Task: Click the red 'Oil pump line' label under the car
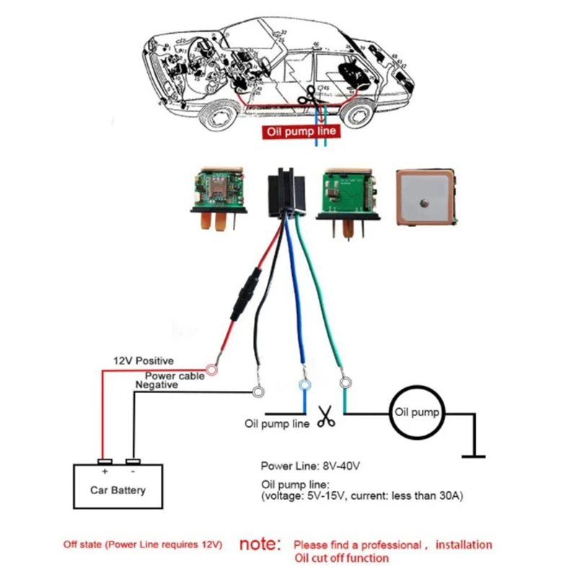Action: point(299,132)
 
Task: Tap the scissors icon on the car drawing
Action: point(309,93)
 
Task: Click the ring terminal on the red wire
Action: point(213,371)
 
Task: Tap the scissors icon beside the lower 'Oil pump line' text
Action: point(326,418)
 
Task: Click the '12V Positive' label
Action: point(143,361)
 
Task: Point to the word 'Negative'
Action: point(157,386)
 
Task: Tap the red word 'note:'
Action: point(260,543)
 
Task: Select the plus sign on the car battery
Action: point(105,471)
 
